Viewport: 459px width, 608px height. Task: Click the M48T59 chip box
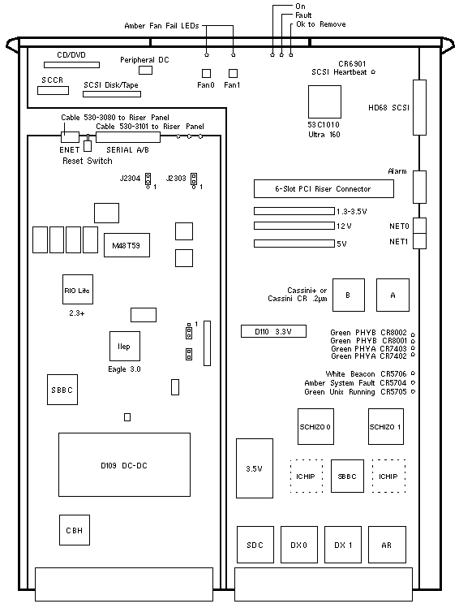click(x=127, y=245)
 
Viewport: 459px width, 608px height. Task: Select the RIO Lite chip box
click(x=78, y=289)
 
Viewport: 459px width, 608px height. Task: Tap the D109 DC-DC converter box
click(x=124, y=464)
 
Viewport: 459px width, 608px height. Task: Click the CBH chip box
click(x=75, y=530)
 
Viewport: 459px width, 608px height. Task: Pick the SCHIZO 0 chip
click(x=315, y=426)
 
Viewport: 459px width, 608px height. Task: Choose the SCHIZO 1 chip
click(x=386, y=426)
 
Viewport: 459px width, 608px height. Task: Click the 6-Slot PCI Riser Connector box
click(x=324, y=189)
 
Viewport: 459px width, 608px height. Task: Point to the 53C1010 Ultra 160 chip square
click(x=324, y=101)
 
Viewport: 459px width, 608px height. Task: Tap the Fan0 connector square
click(x=207, y=73)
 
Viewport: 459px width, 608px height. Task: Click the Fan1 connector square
click(x=233, y=73)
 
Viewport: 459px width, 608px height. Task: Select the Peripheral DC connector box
click(x=146, y=70)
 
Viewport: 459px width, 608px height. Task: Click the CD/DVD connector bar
click(x=71, y=65)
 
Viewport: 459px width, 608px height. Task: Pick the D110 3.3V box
click(x=273, y=331)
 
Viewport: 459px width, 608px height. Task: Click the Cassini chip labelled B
click(x=349, y=295)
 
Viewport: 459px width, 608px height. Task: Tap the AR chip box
click(x=387, y=545)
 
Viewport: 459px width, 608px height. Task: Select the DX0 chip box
click(x=299, y=545)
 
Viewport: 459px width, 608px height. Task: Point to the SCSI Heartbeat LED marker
click(x=373, y=71)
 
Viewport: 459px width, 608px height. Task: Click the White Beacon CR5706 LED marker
click(x=413, y=373)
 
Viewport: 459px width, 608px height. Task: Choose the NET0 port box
click(x=419, y=226)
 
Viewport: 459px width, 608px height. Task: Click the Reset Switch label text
click(x=88, y=161)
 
